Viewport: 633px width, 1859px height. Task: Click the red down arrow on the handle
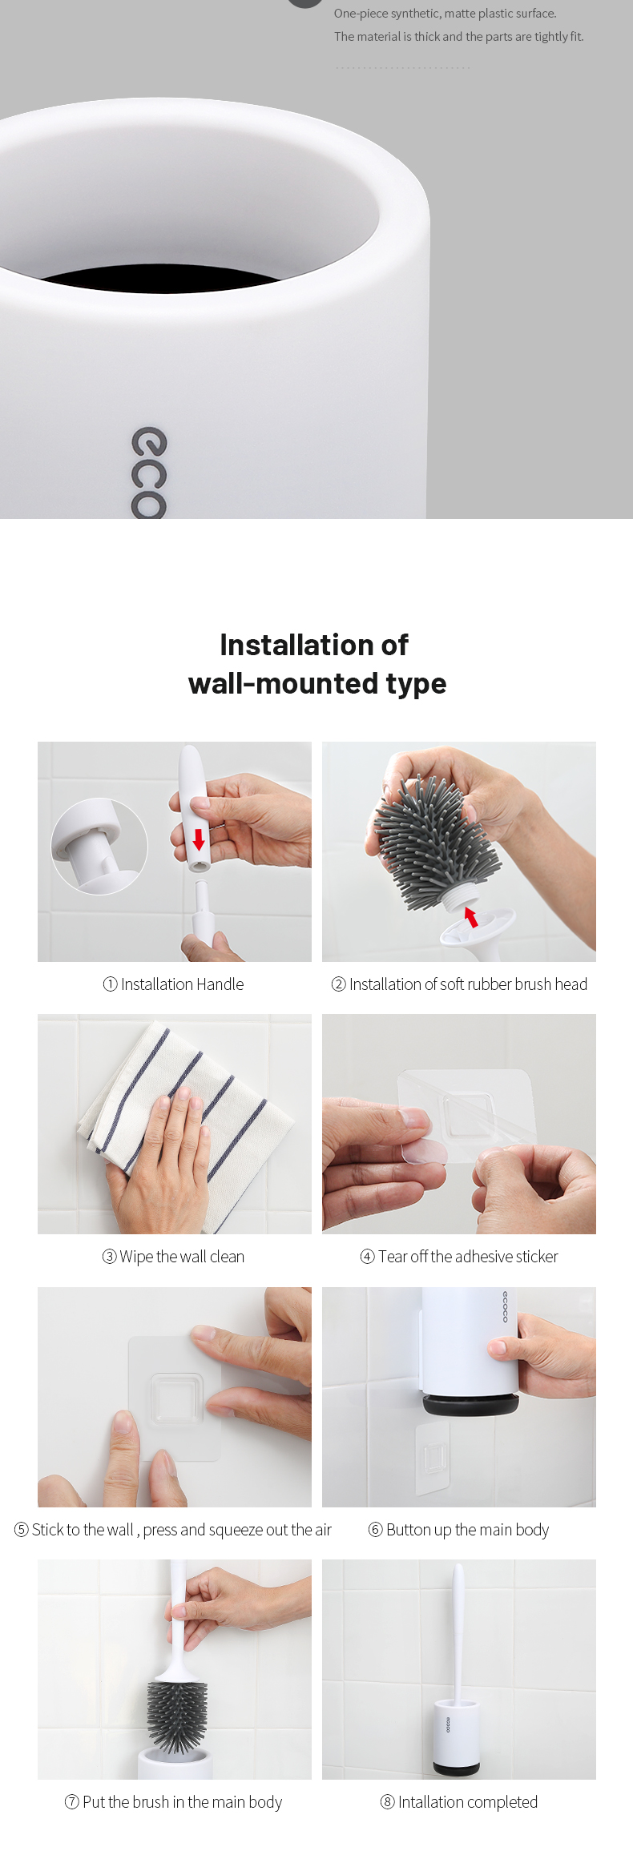pos(199,839)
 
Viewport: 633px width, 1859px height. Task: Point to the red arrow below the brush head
pos(471,916)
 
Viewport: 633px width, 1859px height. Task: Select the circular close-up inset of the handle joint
pos(99,846)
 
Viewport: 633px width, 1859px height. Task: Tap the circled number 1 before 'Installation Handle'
pos(111,984)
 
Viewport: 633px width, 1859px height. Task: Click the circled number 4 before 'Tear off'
pos(367,1257)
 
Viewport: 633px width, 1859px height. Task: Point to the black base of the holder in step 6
pos(471,1404)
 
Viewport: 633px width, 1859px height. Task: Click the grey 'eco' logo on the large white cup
pos(150,473)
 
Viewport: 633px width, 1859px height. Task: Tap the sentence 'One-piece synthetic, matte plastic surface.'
pos(446,14)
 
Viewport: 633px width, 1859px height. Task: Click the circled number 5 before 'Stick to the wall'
pos(22,1530)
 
